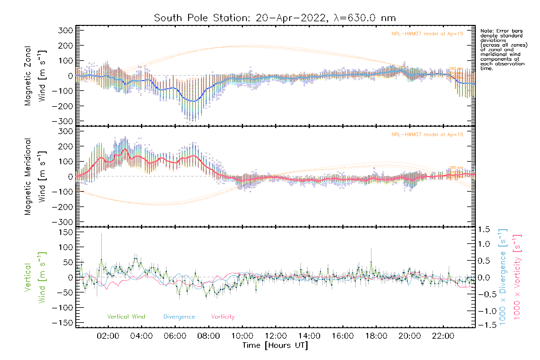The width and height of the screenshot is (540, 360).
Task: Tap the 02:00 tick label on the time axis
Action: (x=108, y=336)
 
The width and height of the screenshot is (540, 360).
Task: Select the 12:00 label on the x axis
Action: (x=276, y=336)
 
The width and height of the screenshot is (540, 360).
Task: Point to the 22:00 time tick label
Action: (x=443, y=336)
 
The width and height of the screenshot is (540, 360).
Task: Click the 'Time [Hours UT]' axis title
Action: (x=275, y=345)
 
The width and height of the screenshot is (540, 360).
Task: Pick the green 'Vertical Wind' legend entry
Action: (x=126, y=317)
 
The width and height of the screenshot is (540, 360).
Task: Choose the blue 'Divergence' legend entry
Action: (x=179, y=317)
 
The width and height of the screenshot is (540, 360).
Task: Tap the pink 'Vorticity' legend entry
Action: (x=223, y=317)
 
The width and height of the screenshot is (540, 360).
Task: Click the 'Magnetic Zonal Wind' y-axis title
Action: (x=35, y=76)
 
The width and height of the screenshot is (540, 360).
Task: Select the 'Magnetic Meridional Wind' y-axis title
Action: (x=35, y=176)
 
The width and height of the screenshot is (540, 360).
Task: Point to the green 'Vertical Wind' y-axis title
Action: (x=35, y=277)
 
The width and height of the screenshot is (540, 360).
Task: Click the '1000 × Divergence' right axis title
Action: (x=502, y=277)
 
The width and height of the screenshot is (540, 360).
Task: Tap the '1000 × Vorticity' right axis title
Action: (x=517, y=277)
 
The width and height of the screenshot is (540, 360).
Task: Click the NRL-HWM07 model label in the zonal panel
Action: (x=427, y=34)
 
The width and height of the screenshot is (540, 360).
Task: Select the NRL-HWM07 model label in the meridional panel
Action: (x=427, y=135)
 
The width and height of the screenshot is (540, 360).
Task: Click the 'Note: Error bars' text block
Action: (x=503, y=49)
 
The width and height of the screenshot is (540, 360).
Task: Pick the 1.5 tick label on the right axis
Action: (x=484, y=229)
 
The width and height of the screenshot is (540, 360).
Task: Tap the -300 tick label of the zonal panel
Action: (x=62, y=121)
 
